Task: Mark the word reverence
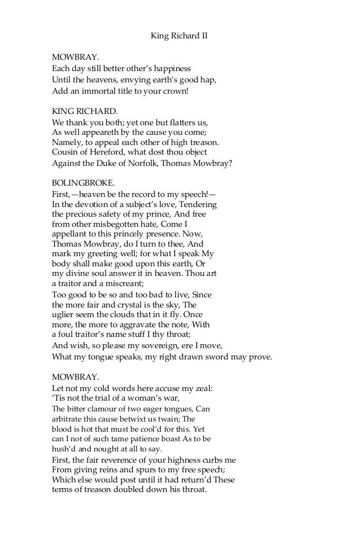pyautogui.click(x=120, y=460)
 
